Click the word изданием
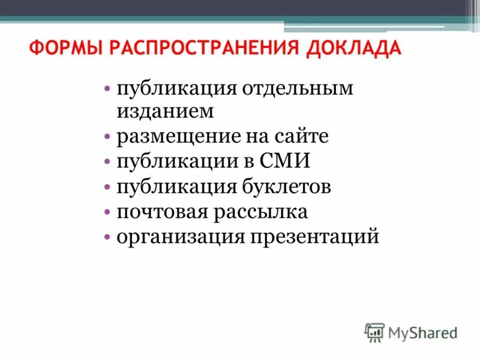click(166, 111)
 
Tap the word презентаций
click(316, 237)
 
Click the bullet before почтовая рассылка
click(106, 212)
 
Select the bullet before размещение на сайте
click(106, 137)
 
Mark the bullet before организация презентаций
click(106, 237)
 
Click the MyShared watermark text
click(422, 332)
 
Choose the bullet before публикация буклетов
click(106, 187)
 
